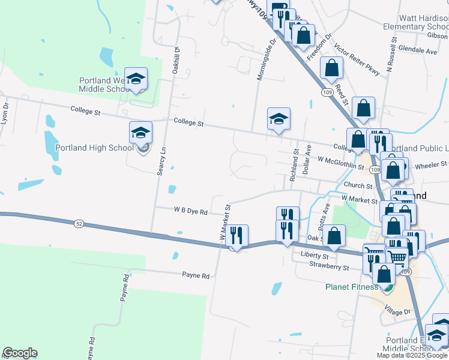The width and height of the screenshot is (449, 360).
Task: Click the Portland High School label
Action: pos(94,148)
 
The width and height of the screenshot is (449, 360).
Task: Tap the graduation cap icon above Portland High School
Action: pos(141,133)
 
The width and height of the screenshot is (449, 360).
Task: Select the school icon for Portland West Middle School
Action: pos(136,79)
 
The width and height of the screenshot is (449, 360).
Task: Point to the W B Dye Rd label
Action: pos(191,212)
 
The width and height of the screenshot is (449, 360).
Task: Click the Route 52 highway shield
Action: pos(79,223)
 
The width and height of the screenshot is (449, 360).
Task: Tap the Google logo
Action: pos(20,353)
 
